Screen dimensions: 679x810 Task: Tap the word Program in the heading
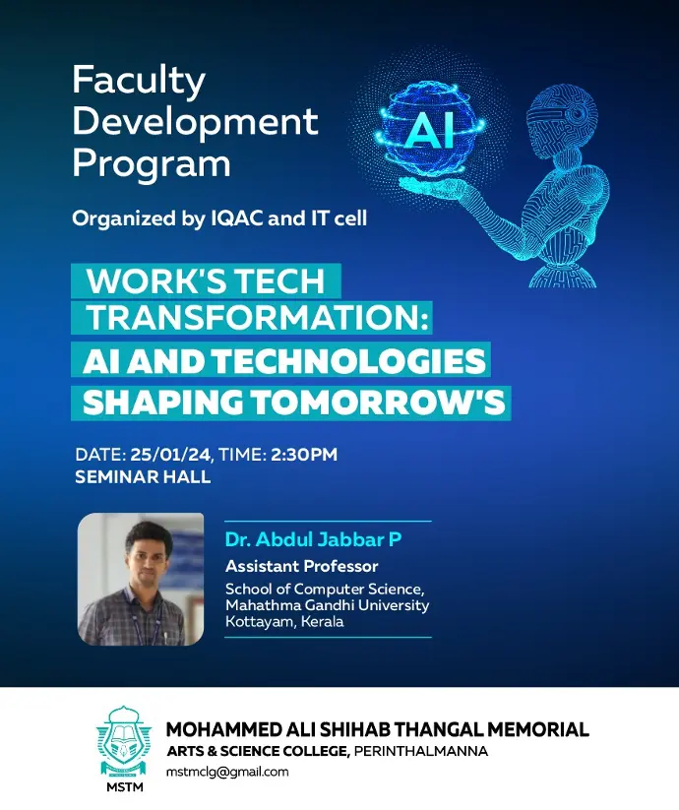click(x=152, y=164)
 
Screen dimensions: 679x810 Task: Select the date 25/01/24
click(x=170, y=455)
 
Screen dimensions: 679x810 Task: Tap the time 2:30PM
click(x=304, y=455)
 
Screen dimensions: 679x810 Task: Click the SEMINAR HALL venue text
click(x=143, y=476)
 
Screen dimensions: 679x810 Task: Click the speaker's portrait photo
click(x=141, y=579)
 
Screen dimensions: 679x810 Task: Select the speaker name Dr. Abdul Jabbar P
click(x=313, y=539)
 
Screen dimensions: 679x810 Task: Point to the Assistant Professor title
click(x=301, y=566)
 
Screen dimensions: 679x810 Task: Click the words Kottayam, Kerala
click(x=284, y=621)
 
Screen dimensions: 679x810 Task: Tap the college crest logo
click(x=124, y=741)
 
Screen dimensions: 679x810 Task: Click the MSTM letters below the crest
click(x=124, y=787)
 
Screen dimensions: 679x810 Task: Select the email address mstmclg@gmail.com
click(x=227, y=773)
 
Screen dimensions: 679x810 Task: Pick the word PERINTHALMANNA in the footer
click(x=421, y=751)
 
